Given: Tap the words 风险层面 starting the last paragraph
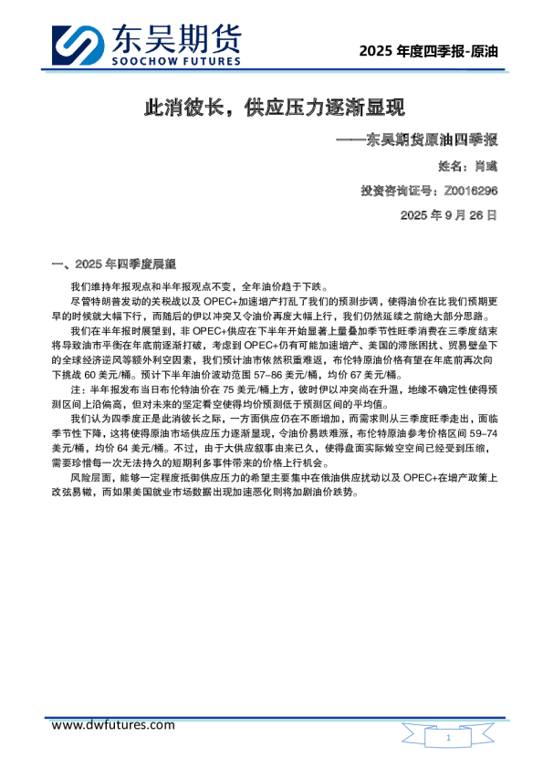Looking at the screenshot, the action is pyautogui.click(x=89, y=476).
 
